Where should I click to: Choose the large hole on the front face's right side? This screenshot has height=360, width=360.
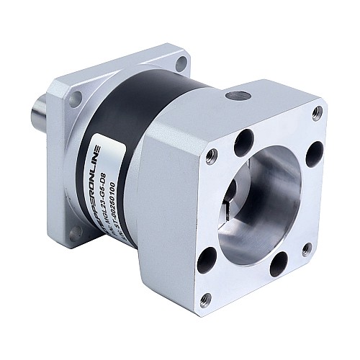click(x=315, y=153)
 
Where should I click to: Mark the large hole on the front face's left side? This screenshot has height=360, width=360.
click(x=207, y=257)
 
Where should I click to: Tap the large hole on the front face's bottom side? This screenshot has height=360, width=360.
click(x=278, y=266)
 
